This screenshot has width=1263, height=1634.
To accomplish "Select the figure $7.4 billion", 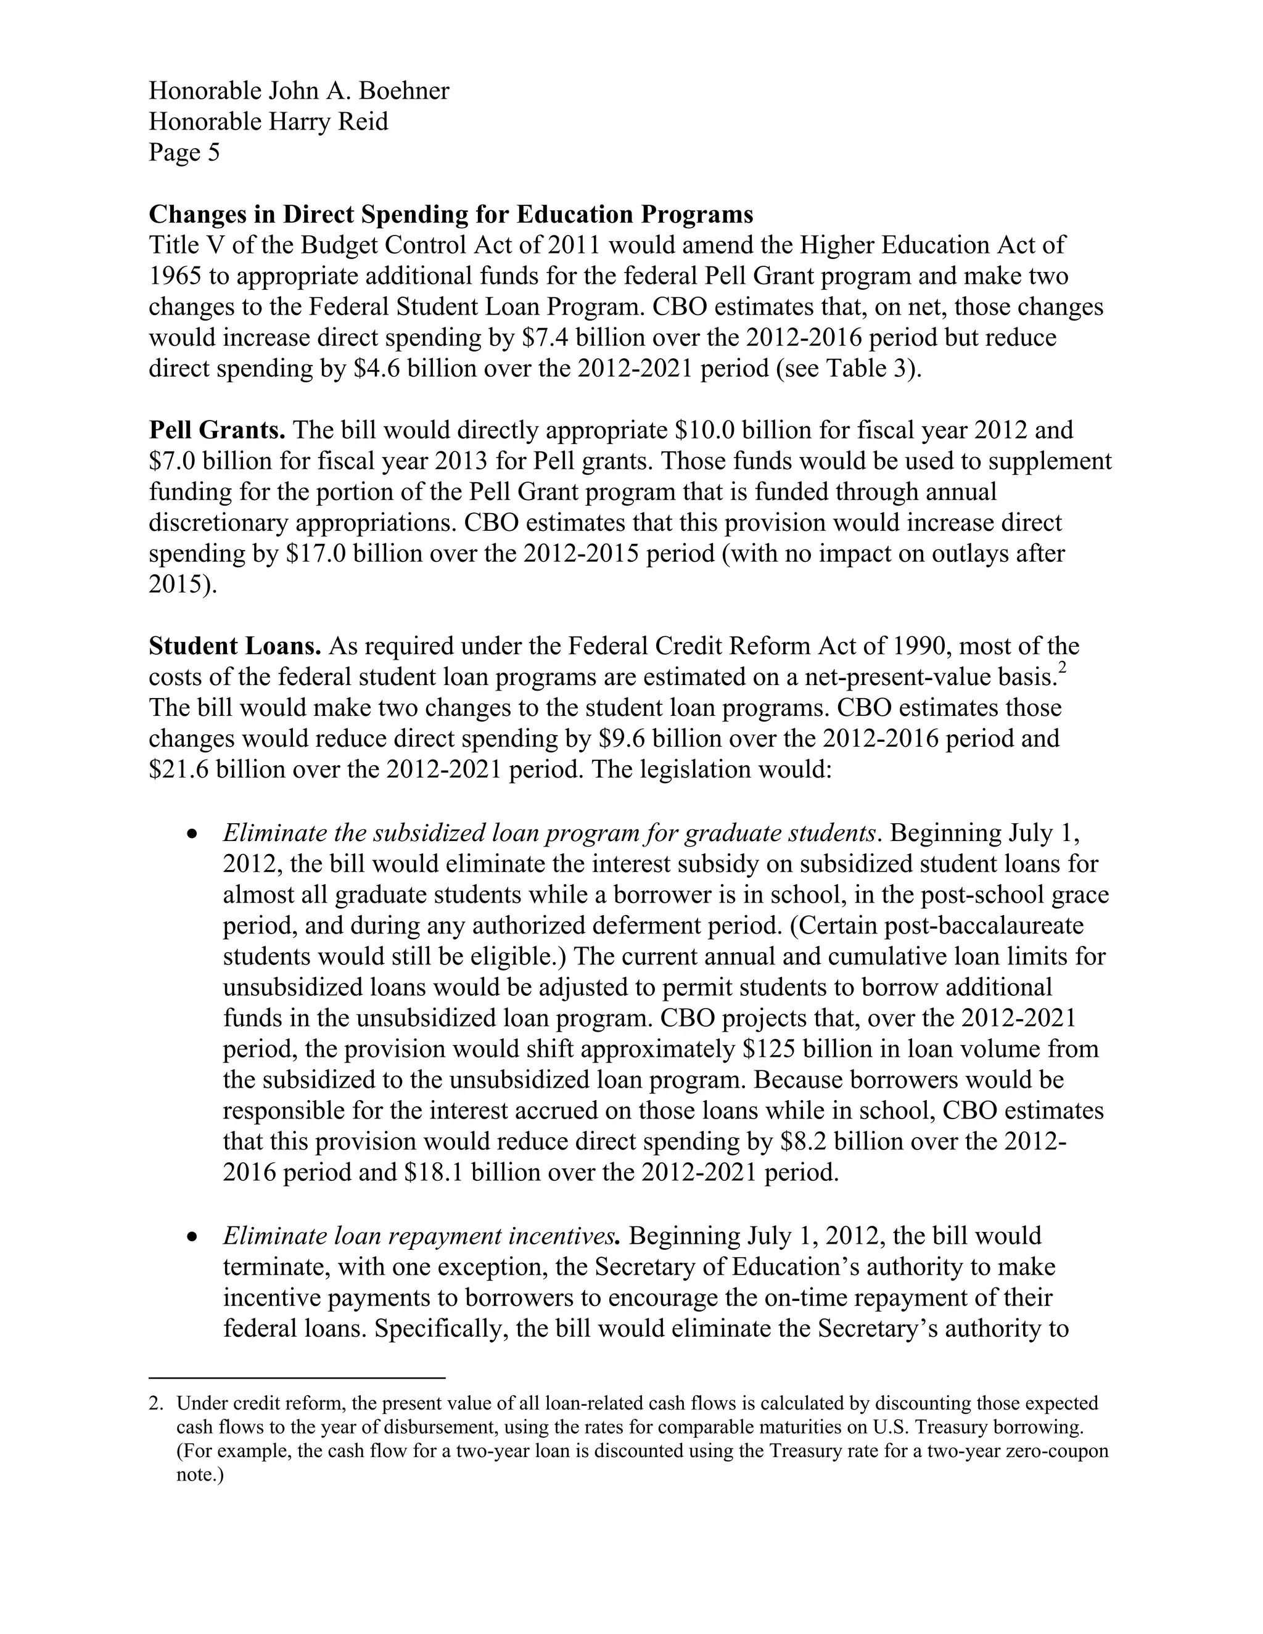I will point(583,337).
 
